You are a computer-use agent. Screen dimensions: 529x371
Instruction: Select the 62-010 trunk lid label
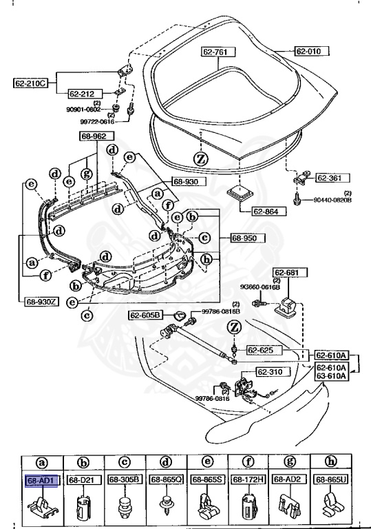coord(312,51)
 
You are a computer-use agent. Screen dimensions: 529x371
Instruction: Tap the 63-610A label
coord(332,375)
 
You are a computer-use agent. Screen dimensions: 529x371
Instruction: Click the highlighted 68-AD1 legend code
coord(41,479)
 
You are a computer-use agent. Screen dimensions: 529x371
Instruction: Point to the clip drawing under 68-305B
coord(123,505)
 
